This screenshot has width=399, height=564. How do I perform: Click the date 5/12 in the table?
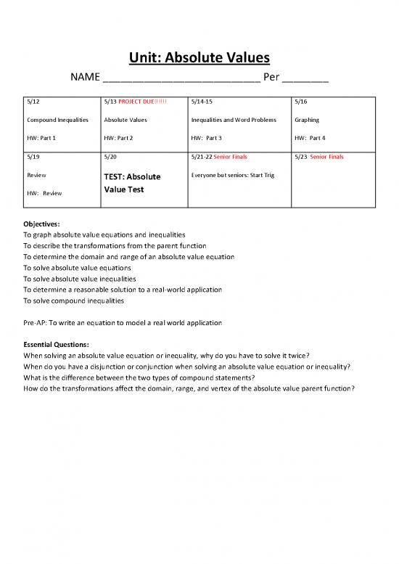[x=31, y=103]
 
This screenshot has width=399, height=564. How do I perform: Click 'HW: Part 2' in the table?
[x=120, y=137]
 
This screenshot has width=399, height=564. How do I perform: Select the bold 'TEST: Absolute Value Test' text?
[x=133, y=182]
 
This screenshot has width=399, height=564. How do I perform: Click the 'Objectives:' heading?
[x=41, y=224]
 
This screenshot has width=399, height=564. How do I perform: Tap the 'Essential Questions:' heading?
[x=56, y=345]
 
